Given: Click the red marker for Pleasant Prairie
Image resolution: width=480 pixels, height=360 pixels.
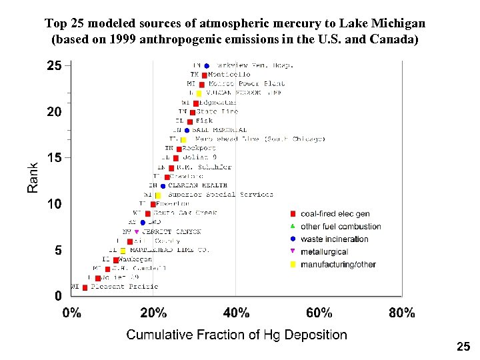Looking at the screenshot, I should (85, 287).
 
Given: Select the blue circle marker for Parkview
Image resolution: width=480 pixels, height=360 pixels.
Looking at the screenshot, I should (207, 66).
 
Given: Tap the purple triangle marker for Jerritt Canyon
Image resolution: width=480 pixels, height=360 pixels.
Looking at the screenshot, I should (137, 232).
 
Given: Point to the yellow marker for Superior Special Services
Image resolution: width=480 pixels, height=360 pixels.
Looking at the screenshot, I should (158, 195).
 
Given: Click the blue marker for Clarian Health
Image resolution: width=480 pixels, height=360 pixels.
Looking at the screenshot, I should (153, 186).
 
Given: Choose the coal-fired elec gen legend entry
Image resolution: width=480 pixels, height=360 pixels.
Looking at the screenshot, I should (335, 214).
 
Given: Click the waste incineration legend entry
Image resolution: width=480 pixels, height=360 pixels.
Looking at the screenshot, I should (334, 239).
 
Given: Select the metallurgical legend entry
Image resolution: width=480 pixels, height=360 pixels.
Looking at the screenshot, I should (324, 252).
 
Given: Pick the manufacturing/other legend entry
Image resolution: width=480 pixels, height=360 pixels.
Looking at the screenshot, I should (338, 265).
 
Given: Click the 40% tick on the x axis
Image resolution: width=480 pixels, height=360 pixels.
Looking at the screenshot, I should (236, 313).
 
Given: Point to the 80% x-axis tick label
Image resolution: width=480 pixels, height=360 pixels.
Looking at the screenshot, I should (401, 313).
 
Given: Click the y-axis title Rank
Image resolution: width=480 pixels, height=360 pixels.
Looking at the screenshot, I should (33, 179).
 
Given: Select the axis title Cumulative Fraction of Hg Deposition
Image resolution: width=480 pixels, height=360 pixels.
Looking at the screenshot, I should (237, 335).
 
